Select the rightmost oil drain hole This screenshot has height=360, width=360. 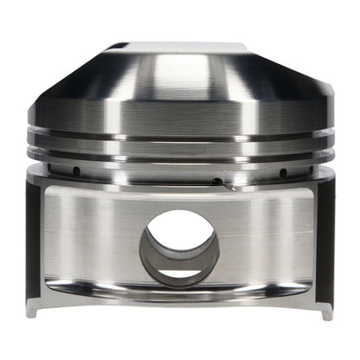tap(283, 171)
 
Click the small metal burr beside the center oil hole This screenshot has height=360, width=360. tap(228, 184)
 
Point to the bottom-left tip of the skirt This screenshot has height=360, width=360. tap(35, 312)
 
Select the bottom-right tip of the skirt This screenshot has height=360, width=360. tap(327, 312)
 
